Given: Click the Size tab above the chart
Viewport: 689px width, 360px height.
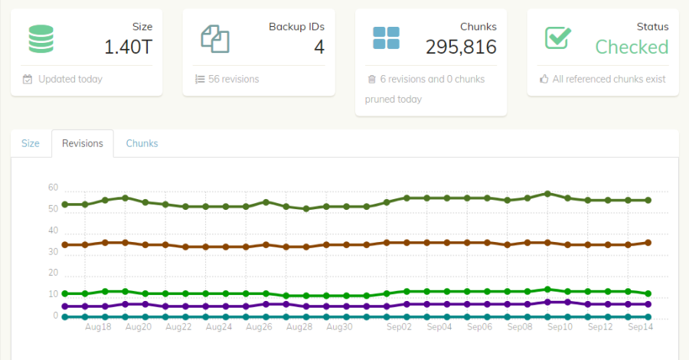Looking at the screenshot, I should pos(31,143).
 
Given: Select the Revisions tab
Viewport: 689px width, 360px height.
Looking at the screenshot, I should pos(83,143).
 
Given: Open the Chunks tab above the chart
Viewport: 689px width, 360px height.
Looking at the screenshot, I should pos(142,143).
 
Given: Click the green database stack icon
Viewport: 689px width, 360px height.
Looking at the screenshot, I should pos(41,38).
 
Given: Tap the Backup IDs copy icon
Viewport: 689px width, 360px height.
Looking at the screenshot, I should pos(215,38).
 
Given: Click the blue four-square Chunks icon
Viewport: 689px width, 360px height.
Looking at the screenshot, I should pos(386,38).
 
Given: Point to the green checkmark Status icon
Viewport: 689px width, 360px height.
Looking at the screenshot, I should pos(558,38).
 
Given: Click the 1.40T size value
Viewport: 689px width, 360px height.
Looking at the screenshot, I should pos(129,47).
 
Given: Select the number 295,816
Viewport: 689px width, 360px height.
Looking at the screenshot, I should pos(461,47).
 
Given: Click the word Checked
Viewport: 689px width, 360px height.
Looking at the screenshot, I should pos(632,47).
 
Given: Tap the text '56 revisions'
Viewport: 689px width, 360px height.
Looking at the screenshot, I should pos(233,79).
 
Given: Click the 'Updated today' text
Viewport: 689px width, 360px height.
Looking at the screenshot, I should pos(70,79).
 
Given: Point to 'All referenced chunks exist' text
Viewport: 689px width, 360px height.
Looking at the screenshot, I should pos(609,79).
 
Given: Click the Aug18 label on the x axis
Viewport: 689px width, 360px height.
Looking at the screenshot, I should pos(97,326).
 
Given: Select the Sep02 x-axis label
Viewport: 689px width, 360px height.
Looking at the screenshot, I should pos(398,326).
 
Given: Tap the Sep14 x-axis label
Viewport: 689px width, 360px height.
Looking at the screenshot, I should pos(640,326).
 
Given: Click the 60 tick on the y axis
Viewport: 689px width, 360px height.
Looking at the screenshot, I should pos(53,188).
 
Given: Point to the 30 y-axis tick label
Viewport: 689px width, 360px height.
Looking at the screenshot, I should pos(53,251).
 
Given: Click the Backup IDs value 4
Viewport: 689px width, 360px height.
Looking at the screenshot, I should pos(319,47).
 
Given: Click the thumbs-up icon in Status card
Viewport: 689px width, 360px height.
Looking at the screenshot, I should pos(544,79).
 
